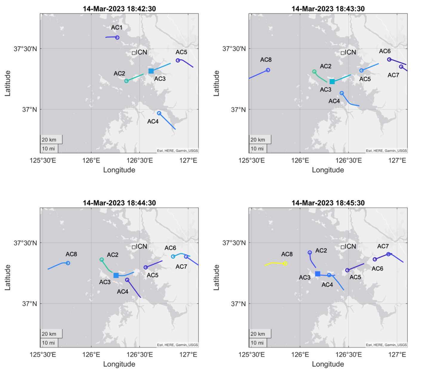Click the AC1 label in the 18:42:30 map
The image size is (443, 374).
pyautogui.click(x=117, y=28)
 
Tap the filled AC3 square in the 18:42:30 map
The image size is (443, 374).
pyautogui.click(x=151, y=71)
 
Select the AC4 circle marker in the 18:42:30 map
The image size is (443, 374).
pyautogui.click(x=159, y=113)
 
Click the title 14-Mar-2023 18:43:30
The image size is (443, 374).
pyautogui.click(x=328, y=9)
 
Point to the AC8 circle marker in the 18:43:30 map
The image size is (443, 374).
pyautogui.click(x=268, y=70)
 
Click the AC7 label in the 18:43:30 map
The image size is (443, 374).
pyautogui.click(x=393, y=75)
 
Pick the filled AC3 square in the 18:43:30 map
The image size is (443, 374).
pyautogui.click(x=332, y=81)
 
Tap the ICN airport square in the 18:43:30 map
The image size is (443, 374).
pyautogui.click(x=343, y=53)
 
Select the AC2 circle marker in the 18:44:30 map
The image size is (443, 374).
pyautogui.click(x=102, y=260)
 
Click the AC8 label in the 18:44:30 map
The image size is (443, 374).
pyautogui.click(x=71, y=254)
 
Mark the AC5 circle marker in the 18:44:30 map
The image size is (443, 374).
pyautogui.click(x=146, y=267)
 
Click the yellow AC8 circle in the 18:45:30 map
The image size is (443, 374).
pyautogui.click(x=285, y=264)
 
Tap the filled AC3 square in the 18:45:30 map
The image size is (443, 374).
pyautogui.click(x=318, y=274)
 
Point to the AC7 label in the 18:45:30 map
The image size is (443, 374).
pyautogui.click(x=383, y=246)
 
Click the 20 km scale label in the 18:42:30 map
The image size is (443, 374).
pyautogui.click(x=49, y=140)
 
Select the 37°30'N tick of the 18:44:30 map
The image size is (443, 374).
pyautogui.click(x=25, y=243)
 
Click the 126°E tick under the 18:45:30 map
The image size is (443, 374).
pyautogui.click(x=300, y=355)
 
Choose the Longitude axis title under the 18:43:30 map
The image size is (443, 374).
pyautogui.click(x=328, y=170)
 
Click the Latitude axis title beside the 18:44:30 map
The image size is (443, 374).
pyautogui.click(x=7, y=277)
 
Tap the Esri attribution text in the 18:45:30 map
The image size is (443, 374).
pyautogui.click(x=386, y=345)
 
